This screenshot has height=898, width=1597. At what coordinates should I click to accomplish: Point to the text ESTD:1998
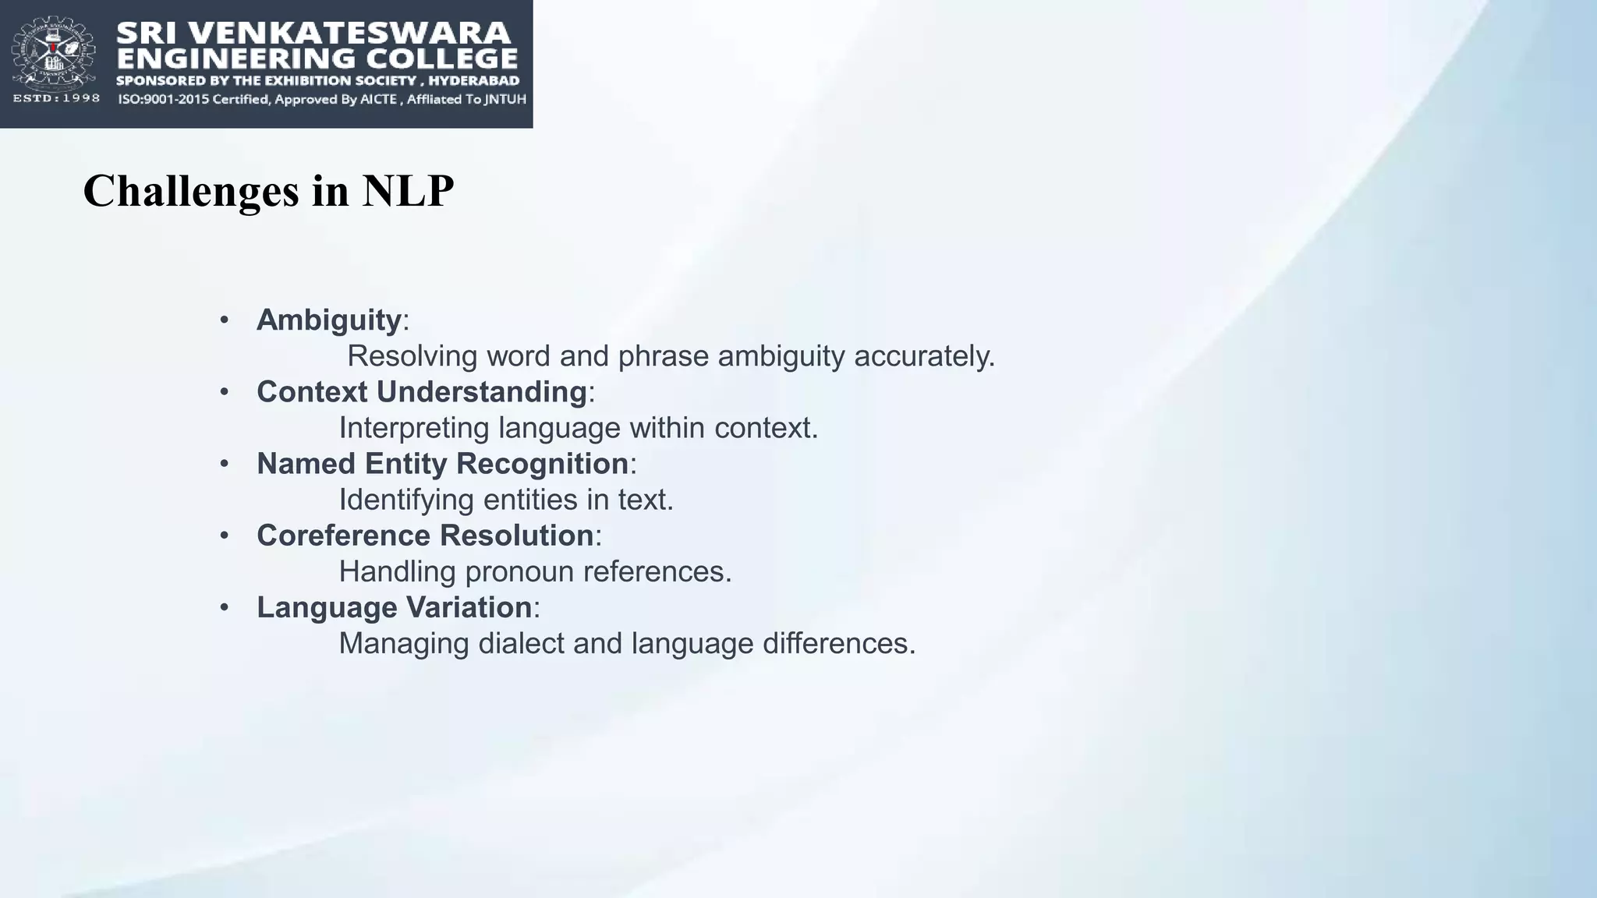pos(56,98)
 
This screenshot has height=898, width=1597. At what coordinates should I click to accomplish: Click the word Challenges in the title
pos(191,191)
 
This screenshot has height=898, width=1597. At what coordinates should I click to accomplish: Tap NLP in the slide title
pos(407,191)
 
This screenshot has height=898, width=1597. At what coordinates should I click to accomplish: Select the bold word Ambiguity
pos(328,320)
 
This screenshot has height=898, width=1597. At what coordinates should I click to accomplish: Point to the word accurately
pos(924,356)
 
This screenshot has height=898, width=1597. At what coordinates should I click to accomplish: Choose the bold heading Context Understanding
pos(421,391)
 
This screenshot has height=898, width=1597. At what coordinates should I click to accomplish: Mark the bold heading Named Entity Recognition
pos(442,463)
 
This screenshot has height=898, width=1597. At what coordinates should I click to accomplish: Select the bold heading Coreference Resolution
pos(425,536)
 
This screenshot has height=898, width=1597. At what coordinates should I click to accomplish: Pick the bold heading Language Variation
pos(394,607)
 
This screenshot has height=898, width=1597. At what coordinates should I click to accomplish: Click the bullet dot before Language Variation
pos(225,607)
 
